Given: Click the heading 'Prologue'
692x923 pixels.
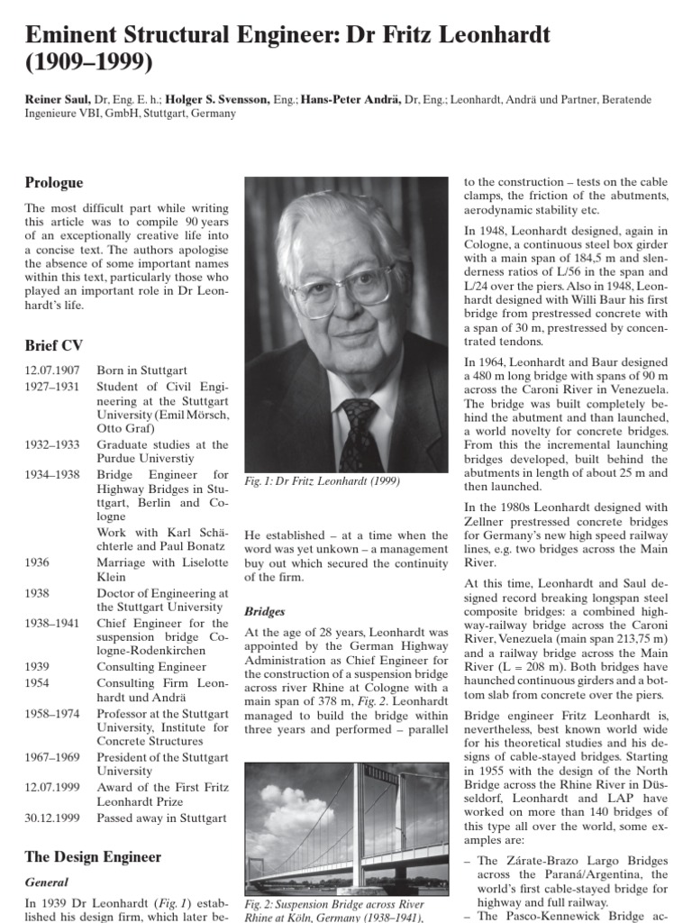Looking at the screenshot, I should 53,183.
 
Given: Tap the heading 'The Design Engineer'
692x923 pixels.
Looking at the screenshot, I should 93,856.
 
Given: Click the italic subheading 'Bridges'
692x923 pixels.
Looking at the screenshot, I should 266,611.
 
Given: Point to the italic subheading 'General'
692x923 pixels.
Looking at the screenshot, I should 46,882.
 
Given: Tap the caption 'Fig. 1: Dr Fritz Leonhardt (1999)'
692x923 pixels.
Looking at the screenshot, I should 323,481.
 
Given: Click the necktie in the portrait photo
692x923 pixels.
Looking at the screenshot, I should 359,434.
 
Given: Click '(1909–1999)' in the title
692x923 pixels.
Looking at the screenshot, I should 89,64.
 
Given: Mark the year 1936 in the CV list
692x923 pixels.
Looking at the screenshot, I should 38,562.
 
